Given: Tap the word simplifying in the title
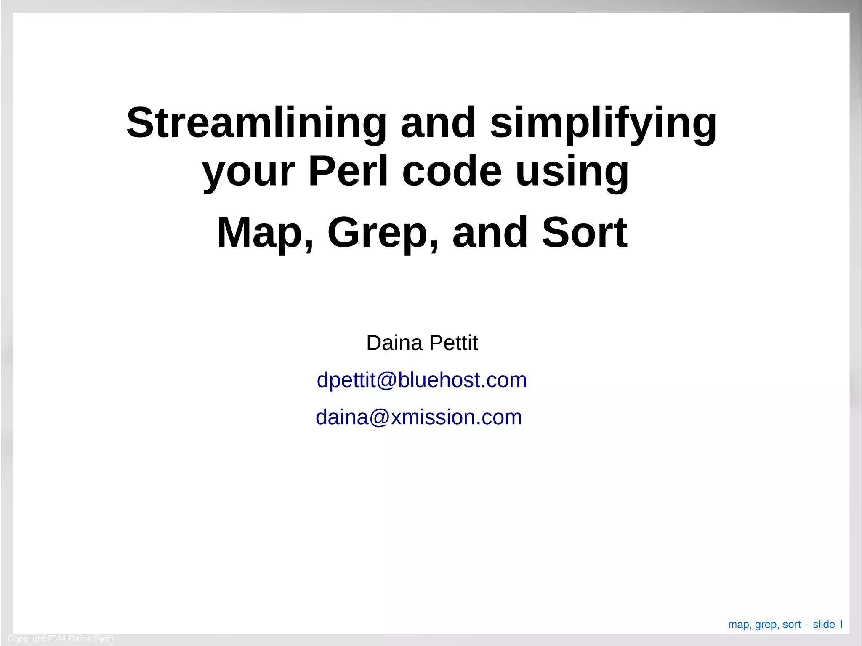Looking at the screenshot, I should (x=603, y=123).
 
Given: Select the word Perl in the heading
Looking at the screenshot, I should (x=348, y=171).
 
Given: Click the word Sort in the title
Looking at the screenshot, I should (x=585, y=233).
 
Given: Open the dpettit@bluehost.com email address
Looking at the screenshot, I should (x=422, y=380).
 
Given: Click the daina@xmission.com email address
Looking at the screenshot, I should (x=419, y=417).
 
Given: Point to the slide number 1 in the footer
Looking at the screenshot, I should (x=841, y=624).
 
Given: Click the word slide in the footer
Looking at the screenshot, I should (x=824, y=624).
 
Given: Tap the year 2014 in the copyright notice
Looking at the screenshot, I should (x=56, y=638).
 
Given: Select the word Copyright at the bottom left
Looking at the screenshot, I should (x=26, y=639).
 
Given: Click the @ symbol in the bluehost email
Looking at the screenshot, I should (x=387, y=380).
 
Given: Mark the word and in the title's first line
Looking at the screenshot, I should (x=438, y=123).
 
